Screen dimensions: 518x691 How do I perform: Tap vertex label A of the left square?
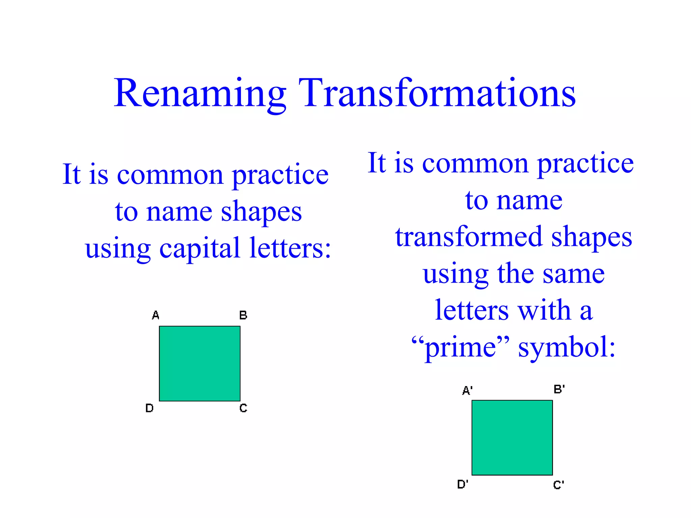coord(156,315)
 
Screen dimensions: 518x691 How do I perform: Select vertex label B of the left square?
coord(243,315)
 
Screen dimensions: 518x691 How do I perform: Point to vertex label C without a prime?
coord(243,408)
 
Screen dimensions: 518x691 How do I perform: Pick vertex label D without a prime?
coord(149,408)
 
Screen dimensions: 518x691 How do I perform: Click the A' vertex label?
coord(467,391)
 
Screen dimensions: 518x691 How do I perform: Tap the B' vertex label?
coord(559,389)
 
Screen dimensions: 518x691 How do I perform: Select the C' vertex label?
coord(558,485)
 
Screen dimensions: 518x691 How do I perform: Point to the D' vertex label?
coord(463,484)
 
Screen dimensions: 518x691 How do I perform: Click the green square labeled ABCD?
coord(200,364)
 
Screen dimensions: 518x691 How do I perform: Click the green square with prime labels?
coord(512,438)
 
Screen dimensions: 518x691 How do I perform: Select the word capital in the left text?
coord(199,249)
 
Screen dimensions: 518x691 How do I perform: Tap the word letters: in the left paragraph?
coord(290,248)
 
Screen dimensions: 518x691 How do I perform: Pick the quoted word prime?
coord(460,347)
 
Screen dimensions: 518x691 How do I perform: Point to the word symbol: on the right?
coord(566,347)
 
